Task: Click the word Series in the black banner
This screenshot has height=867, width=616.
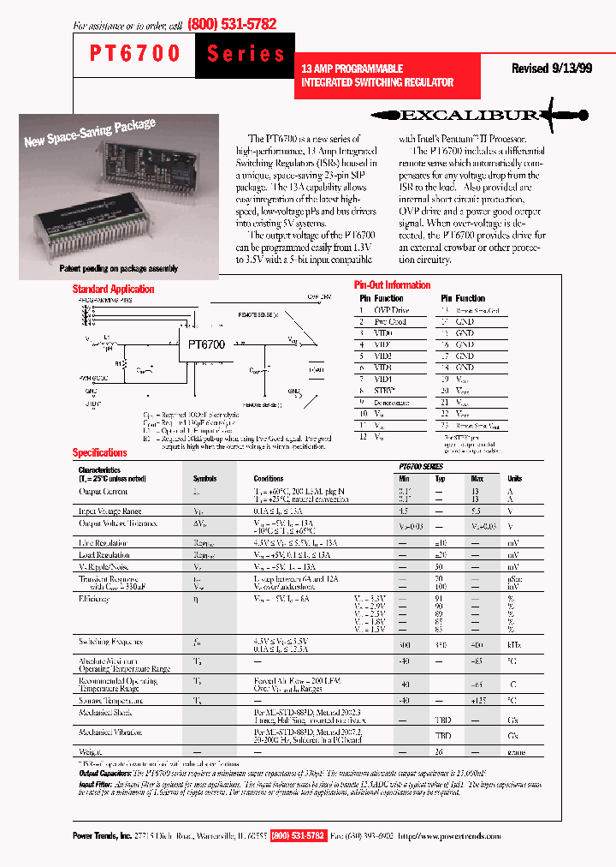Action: click(246, 54)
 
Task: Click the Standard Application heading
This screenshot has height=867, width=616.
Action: click(113, 290)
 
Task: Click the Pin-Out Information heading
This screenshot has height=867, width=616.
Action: click(392, 284)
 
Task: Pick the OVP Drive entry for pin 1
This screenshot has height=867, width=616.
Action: click(391, 310)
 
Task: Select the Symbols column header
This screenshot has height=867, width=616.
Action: click(204, 479)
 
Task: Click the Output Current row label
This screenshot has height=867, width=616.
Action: click(103, 491)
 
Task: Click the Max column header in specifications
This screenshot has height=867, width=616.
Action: click(477, 479)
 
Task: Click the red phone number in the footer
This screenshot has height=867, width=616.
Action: click(298, 836)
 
